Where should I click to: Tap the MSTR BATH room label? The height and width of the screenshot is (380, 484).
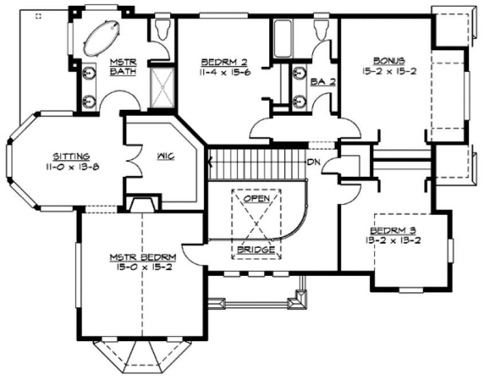pyautogui.click(x=120, y=66)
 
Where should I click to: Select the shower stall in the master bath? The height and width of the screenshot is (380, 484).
pyautogui.click(x=162, y=87)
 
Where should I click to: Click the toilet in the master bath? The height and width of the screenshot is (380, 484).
pyautogui.click(x=163, y=29)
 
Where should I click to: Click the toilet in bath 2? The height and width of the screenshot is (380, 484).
pyautogui.click(x=321, y=29)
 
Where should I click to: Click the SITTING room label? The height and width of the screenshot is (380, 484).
pyautogui.click(x=71, y=156)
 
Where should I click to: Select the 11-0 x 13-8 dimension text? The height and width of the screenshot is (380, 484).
pyautogui.click(x=71, y=166)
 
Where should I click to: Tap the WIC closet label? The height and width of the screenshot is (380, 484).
pyautogui.click(x=167, y=156)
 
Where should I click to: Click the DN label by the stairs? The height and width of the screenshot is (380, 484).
pyautogui.click(x=313, y=162)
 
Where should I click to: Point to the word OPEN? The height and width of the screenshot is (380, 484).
pyautogui.click(x=256, y=198)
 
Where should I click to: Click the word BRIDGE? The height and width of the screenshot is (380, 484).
pyautogui.click(x=256, y=250)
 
